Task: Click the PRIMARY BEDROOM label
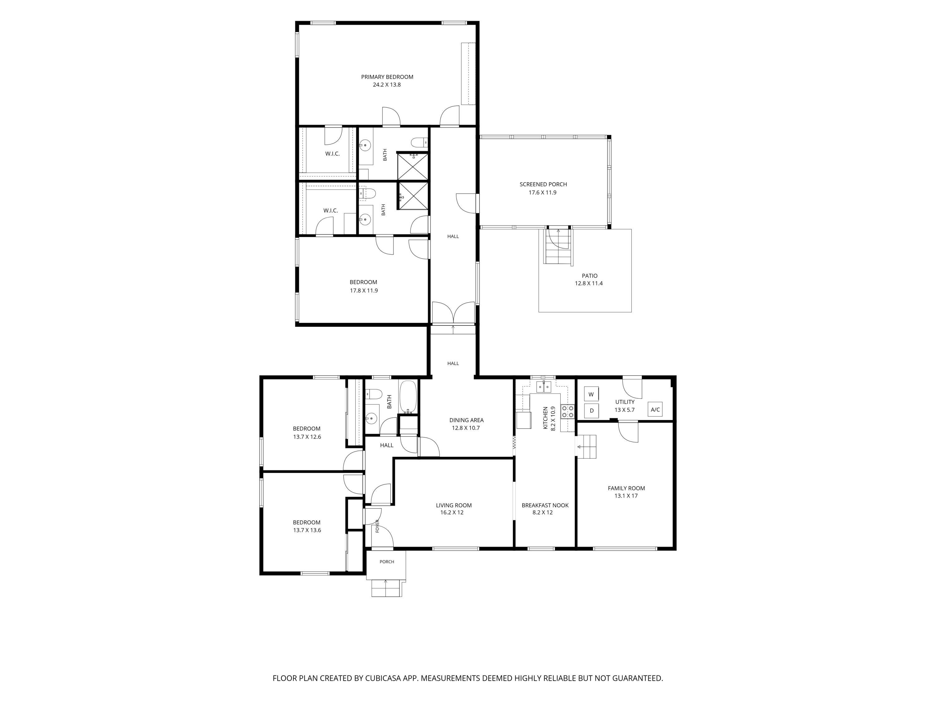tap(387, 77)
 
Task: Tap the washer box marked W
tap(591, 394)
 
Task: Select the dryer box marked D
tap(592, 411)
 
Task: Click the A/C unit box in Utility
tap(655, 410)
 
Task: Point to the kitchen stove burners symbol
tap(568, 412)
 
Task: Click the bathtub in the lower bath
tap(408, 397)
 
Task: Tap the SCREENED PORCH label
tap(543, 184)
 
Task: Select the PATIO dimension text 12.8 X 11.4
tap(589, 284)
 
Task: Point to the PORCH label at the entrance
tap(387, 562)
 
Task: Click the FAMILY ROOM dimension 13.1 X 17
tap(626, 496)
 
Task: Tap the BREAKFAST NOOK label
tap(545, 505)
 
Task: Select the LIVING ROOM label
tap(454, 505)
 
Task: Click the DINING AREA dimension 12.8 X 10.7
tap(466, 428)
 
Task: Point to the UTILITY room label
tap(625, 402)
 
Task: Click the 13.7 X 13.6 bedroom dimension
tap(307, 530)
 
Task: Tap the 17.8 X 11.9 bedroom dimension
tap(364, 291)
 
